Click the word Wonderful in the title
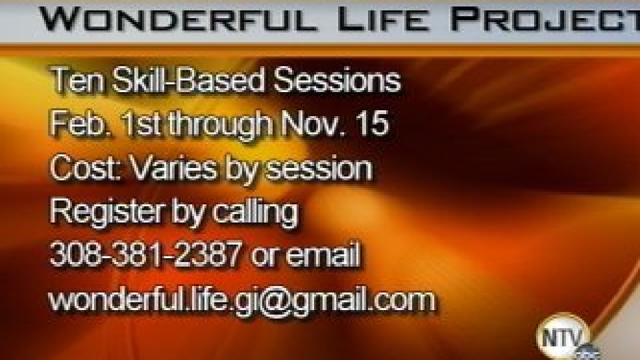point(178,19)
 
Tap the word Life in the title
point(384,19)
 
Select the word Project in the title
point(545,19)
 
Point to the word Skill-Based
point(188,80)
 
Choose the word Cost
point(85,167)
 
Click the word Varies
point(173,167)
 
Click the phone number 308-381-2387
point(145,255)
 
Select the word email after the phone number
point(323,254)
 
